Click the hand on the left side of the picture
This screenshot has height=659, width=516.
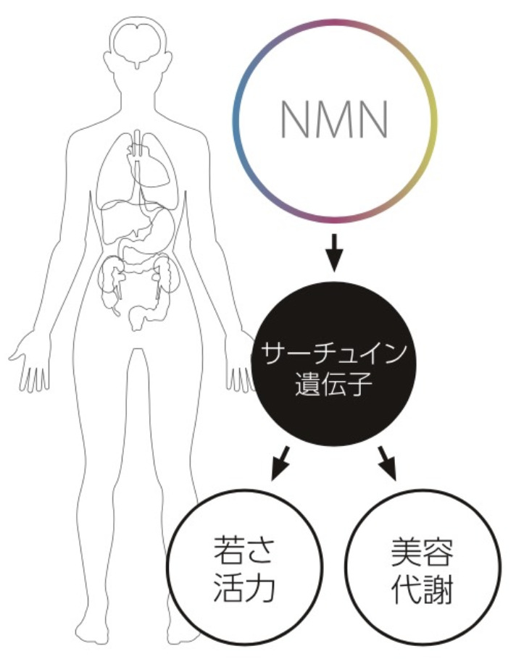coord(29,362)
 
